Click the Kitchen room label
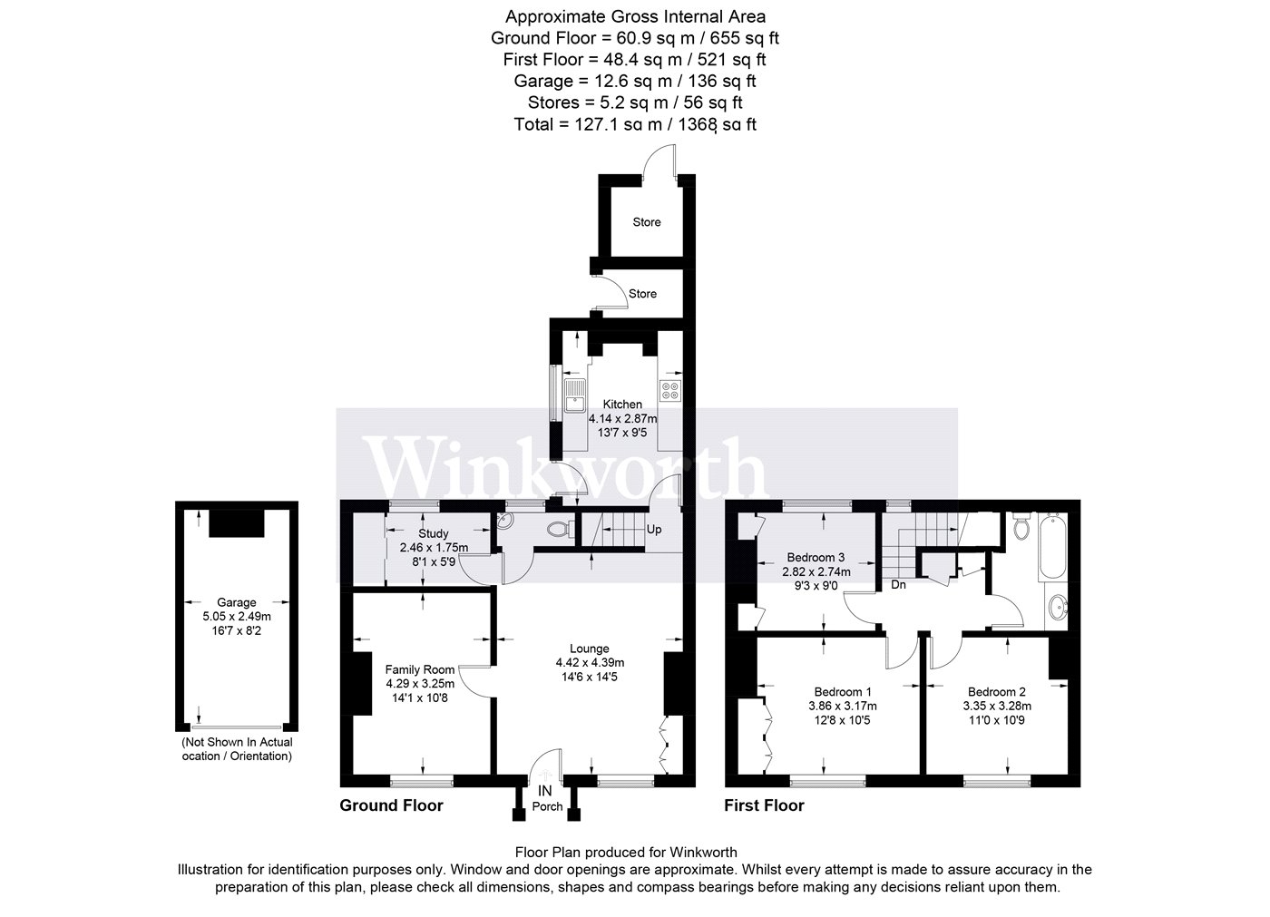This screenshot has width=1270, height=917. click(622, 405)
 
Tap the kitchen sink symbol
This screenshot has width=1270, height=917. click(574, 395)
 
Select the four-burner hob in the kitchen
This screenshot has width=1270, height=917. click(670, 391)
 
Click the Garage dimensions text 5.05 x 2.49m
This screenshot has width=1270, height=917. click(237, 616)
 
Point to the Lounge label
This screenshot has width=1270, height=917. click(590, 649)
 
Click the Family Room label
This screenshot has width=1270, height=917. click(419, 669)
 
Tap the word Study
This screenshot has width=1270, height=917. click(434, 533)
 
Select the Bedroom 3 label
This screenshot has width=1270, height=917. click(816, 558)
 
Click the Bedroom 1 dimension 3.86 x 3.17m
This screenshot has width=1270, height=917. click(843, 707)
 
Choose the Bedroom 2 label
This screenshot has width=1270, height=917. click(997, 692)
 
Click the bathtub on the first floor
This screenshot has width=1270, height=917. click(1052, 546)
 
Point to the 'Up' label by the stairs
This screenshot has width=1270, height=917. click(654, 530)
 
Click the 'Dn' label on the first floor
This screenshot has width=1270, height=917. click(898, 584)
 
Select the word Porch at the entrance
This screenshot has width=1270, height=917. click(547, 806)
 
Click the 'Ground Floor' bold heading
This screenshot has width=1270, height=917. click(391, 805)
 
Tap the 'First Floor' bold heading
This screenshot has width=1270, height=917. click(764, 805)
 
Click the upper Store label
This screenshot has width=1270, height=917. click(646, 222)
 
